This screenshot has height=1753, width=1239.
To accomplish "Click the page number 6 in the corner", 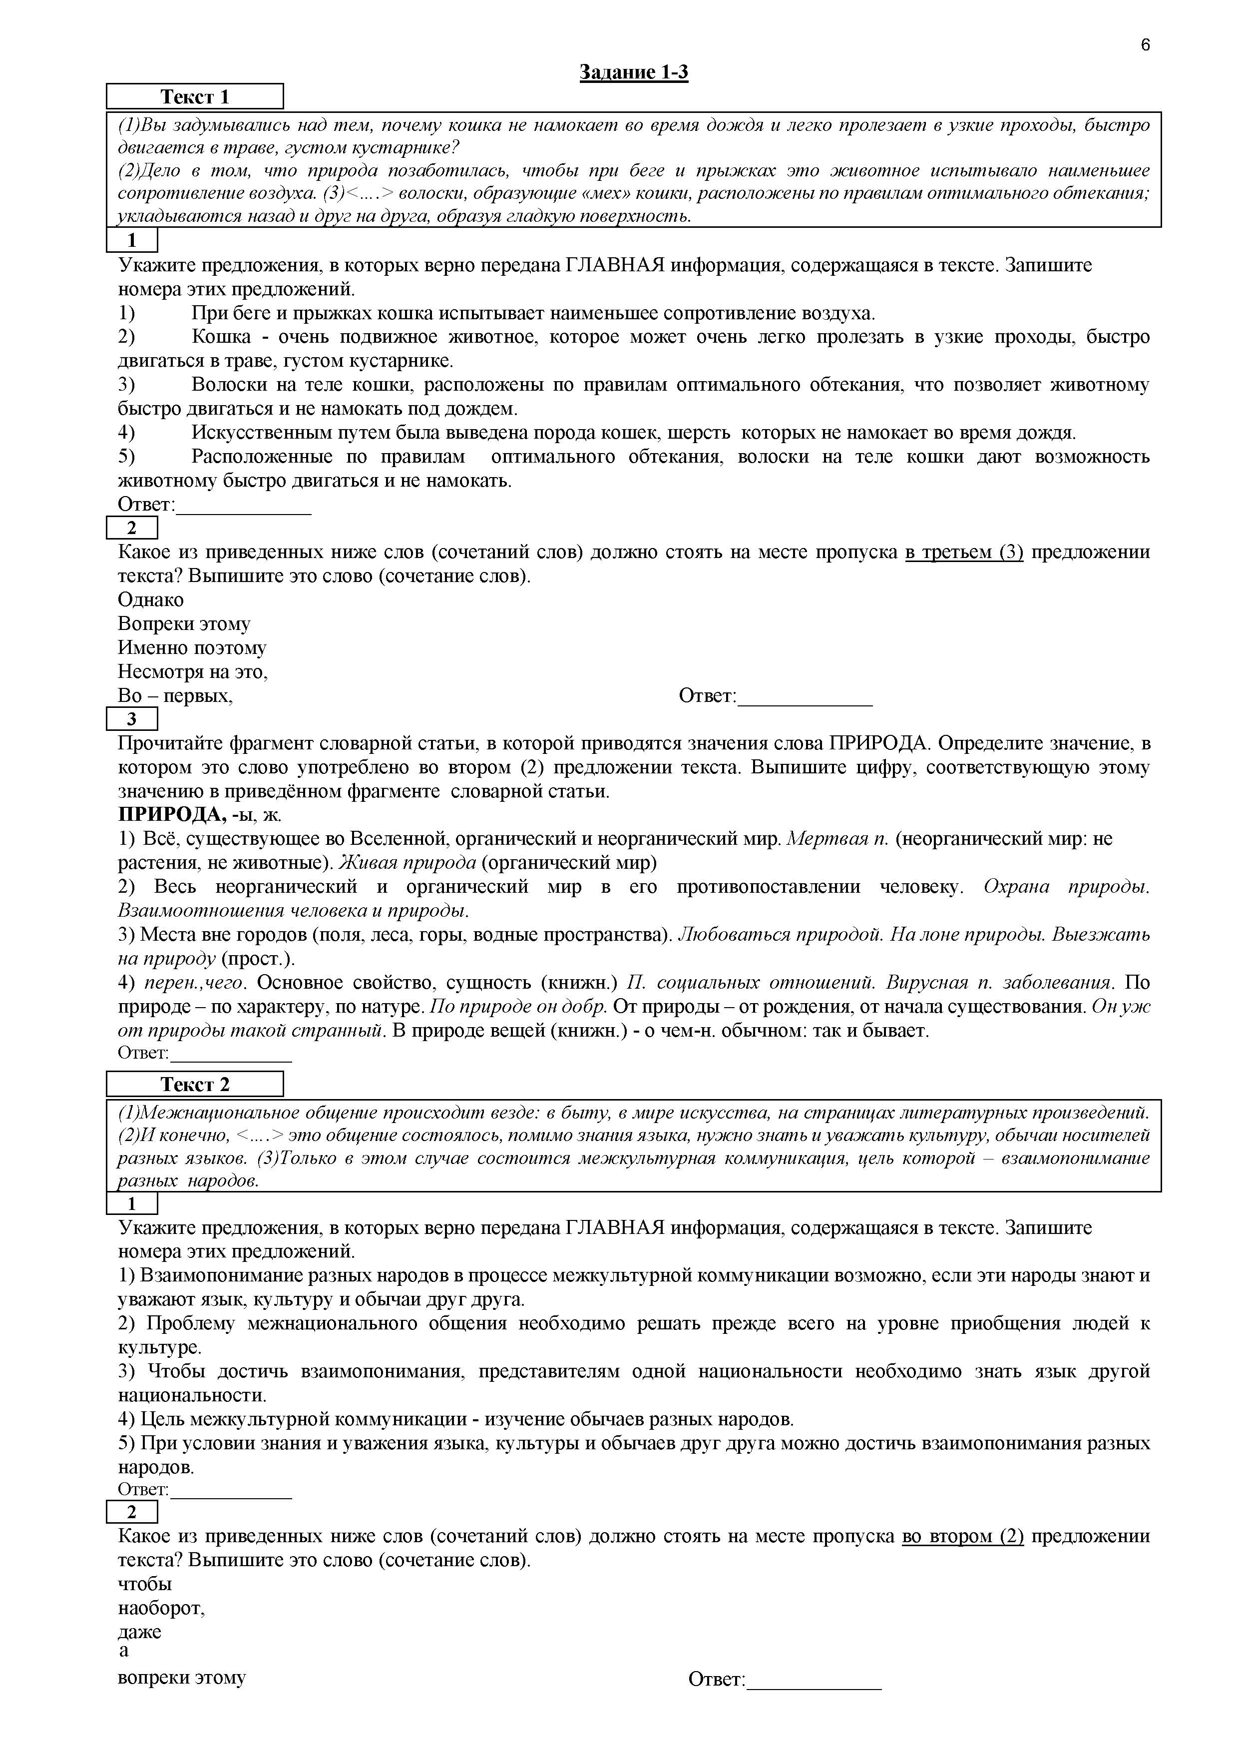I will (x=1145, y=45).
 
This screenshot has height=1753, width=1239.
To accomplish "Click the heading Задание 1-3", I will (x=634, y=72).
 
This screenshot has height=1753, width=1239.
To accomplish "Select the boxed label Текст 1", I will (x=195, y=97).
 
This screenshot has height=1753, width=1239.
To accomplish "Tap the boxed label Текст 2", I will (x=195, y=1084).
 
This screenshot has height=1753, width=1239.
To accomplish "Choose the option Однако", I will (x=150, y=600).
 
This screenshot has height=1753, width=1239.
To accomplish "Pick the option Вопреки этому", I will (x=184, y=624).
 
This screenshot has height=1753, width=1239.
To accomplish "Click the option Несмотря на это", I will (x=192, y=672).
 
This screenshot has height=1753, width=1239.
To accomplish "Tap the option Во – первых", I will (x=175, y=695).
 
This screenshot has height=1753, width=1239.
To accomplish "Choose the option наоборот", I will (x=161, y=1608).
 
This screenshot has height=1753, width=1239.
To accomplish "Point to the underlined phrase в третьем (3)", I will (x=963, y=552).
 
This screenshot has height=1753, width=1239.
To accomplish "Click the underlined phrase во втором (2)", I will (x=962, y=1536).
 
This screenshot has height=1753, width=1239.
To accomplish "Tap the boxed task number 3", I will (x=131, y=719).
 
